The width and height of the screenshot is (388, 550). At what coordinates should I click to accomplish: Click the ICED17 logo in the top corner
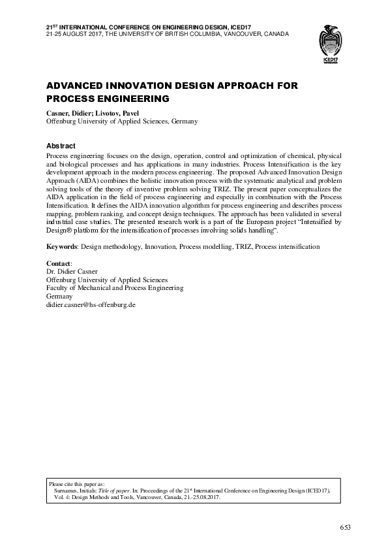tap(330, 46)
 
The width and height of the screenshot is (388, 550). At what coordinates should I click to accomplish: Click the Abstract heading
tap(61, 146)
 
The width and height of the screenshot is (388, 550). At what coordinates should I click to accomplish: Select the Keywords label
tap(62, 247)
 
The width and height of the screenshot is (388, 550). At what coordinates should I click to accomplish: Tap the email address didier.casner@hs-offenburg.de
tap(90, 304)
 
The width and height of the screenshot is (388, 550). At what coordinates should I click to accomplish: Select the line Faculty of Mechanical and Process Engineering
tap(115, 287)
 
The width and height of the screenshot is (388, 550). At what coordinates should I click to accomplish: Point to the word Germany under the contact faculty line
tap(59, 296)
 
